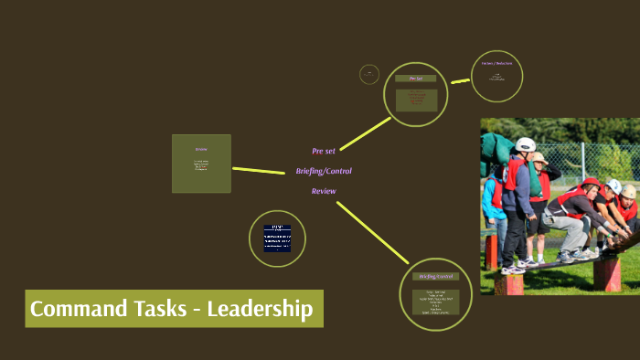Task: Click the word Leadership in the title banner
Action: point(260,310)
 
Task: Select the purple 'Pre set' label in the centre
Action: point(324,151)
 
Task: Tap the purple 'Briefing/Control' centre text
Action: point(324,171)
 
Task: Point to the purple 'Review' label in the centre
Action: point(324,191)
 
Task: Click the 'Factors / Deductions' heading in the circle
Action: point(496,64)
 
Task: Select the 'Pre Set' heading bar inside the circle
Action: point(416,79)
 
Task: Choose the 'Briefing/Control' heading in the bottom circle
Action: point(435,276)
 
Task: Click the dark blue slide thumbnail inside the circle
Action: point(277,238)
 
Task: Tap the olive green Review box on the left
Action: point(201,164)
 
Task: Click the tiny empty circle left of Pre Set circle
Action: point(369,74)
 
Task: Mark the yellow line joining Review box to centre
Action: point(259,170)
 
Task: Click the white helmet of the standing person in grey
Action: point(525,144)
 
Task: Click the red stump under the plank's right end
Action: point(606,273)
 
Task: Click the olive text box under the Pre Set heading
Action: point(416,97)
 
